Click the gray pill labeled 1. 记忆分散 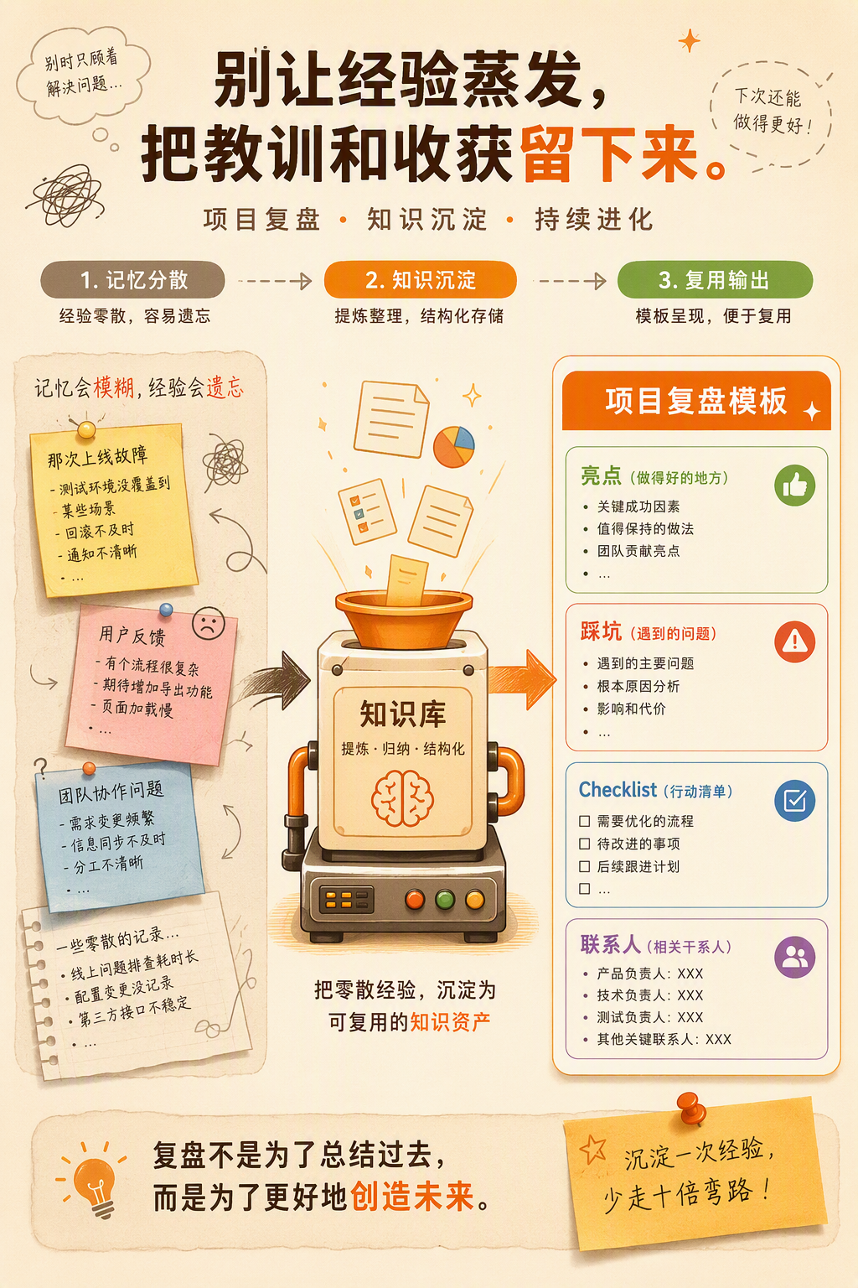(x=132, y=280)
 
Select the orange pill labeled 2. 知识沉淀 (x=420, y=280)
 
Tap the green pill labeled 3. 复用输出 (x=715, y=280)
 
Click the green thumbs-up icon (x=795, y=486)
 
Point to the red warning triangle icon (x=795, y=641)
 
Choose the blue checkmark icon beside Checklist (x=795, y=801)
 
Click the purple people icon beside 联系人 (x=795, y=958)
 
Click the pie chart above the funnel (x=454, y=446)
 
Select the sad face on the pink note (x=208, y=623)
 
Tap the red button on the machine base (x=415, y=899)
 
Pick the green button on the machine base (x=445, y=899)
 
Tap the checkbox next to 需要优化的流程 (x=585, y=821)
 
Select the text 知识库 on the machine (x=403, y=714)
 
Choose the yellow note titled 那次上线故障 (x=114, y=509)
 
